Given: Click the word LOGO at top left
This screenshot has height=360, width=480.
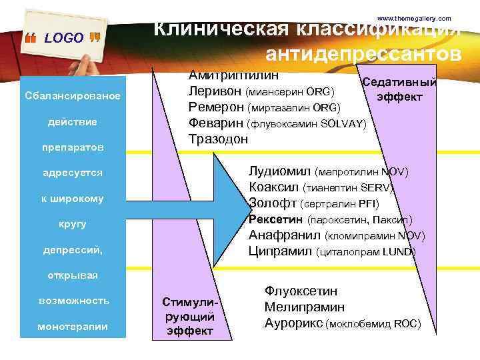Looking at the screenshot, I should [x=63, y=38].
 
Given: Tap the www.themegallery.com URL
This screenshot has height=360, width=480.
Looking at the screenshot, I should [x=414, y=18].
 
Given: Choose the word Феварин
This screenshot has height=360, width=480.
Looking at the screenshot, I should [x=216, y=123].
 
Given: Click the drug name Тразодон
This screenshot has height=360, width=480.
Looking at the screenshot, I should [x=218, y=139].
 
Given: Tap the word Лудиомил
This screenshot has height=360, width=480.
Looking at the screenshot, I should [x=279, y=171].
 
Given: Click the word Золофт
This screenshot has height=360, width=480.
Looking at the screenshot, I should [x=273, y=203].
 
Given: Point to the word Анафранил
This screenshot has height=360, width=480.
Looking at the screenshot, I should [x=285, y=235].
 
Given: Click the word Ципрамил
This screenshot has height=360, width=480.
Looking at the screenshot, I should [x=280, y=251].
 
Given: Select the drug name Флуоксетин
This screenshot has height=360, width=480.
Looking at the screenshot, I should [x=301, y=291].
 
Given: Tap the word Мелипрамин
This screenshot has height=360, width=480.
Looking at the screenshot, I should [x=305, y=307].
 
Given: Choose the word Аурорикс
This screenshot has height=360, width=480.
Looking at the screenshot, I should [x=293, y=323].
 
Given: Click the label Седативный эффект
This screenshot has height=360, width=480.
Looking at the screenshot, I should [x=399, y=89].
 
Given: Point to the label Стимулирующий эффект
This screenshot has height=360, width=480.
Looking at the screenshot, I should [x=190, y=315].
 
